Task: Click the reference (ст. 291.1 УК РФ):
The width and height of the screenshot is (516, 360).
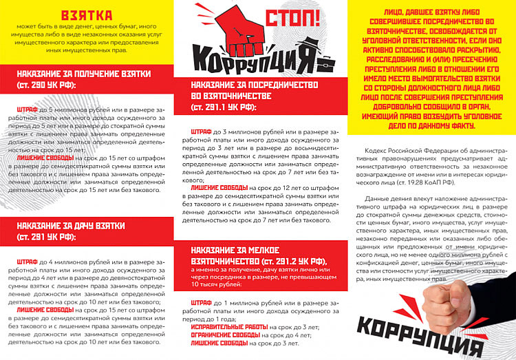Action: (223, 107)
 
